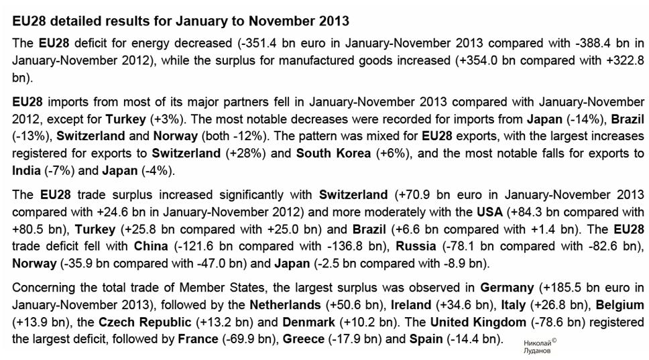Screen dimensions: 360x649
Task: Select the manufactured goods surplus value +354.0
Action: click(477, 60)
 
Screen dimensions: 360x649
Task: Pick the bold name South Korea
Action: click(333, 153)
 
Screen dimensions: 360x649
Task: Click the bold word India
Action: click(26, 170)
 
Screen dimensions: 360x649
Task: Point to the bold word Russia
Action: click(416, 246)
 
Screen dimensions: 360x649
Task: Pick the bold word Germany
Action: click(507, 288)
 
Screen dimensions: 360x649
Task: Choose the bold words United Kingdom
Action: click(477, 322)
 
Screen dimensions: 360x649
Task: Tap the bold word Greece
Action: click(303, 339)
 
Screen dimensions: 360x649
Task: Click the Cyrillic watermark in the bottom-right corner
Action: click(540, 346)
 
